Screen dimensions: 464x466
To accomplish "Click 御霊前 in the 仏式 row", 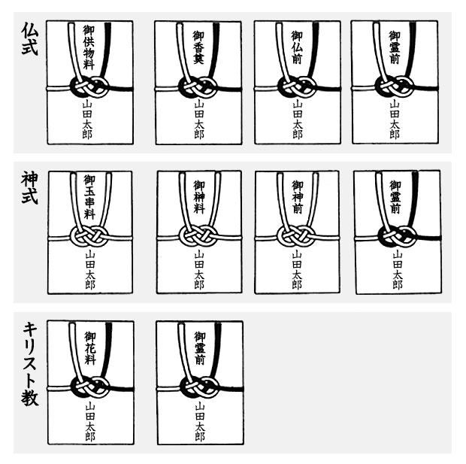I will point(395,47).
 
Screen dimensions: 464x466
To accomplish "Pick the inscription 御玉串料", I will point(89,198).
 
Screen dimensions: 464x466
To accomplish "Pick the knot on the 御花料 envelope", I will point(89,388).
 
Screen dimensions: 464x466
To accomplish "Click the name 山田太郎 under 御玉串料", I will point(89,270).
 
